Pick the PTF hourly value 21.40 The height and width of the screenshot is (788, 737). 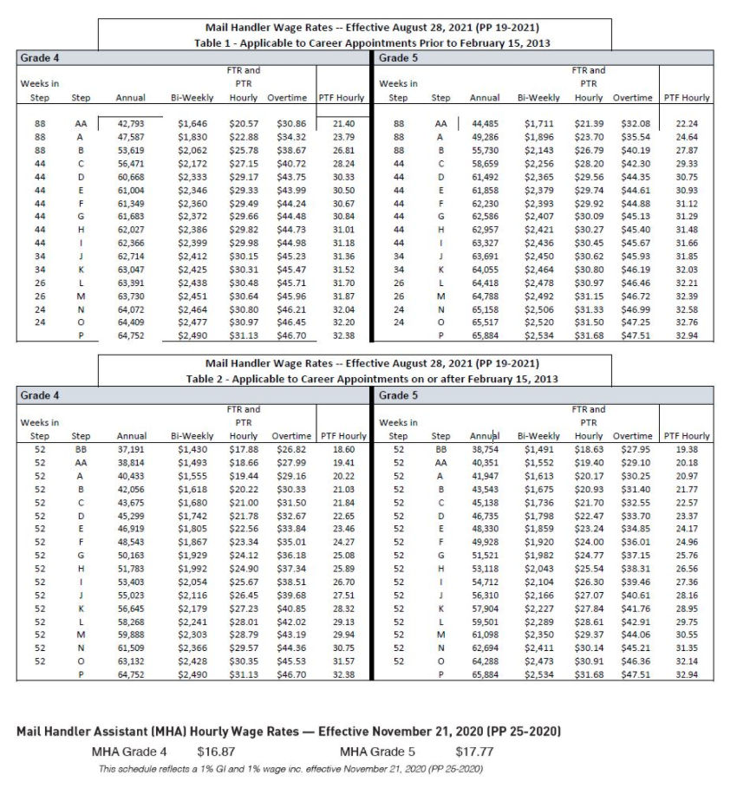343,125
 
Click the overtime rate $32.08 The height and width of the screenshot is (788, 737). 636,125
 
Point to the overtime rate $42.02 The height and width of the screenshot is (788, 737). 287,622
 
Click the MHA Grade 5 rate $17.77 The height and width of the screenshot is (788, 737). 474,751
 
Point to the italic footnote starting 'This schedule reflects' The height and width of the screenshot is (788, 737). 290,769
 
